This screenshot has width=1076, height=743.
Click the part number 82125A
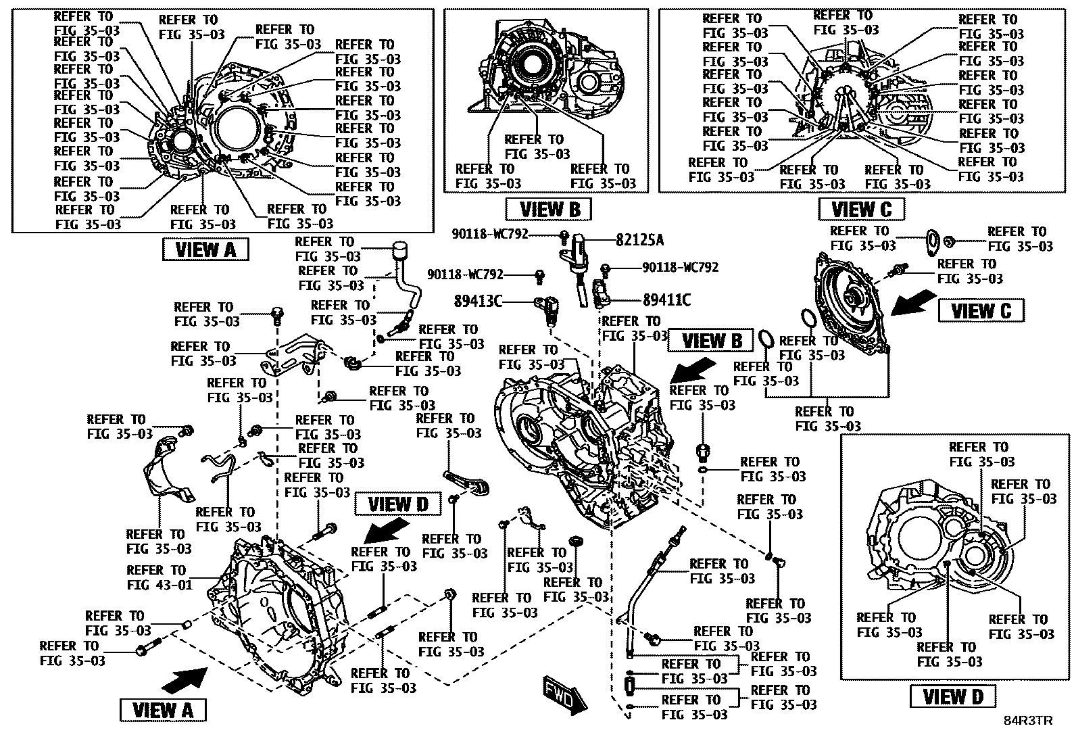point(639,240)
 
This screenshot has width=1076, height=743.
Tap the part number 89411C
point(666,300)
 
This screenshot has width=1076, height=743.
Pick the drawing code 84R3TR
point(1027,721)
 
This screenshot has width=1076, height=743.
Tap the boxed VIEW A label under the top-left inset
point(205,249)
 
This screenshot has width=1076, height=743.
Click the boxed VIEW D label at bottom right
point(952,696)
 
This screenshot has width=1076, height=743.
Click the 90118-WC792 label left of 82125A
point(490,235)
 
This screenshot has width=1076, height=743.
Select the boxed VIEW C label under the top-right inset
point(861,209)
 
